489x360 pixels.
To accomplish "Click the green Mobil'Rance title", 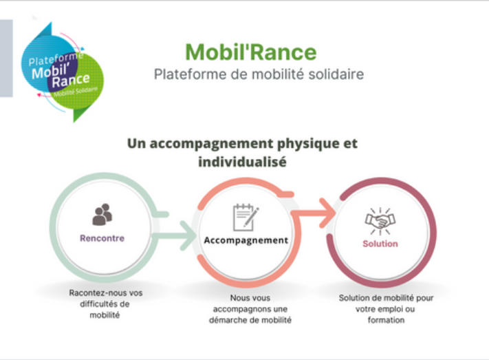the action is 251,52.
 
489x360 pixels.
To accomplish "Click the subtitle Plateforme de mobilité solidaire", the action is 259,74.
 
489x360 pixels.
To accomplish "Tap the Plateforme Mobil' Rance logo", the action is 63,72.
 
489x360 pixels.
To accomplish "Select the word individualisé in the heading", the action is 242,162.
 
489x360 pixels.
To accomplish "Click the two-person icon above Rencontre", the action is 102,214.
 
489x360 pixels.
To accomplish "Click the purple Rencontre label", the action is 102,238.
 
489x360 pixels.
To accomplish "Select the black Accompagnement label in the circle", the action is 246,240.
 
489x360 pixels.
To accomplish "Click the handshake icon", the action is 380,221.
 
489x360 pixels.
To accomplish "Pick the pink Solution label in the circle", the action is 380,244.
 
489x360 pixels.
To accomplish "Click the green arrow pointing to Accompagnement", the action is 175,235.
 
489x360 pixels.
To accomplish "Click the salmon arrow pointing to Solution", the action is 314,213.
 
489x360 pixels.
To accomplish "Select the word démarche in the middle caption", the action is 229,320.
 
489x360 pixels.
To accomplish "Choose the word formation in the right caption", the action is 386,320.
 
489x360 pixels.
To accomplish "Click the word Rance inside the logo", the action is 71,81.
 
